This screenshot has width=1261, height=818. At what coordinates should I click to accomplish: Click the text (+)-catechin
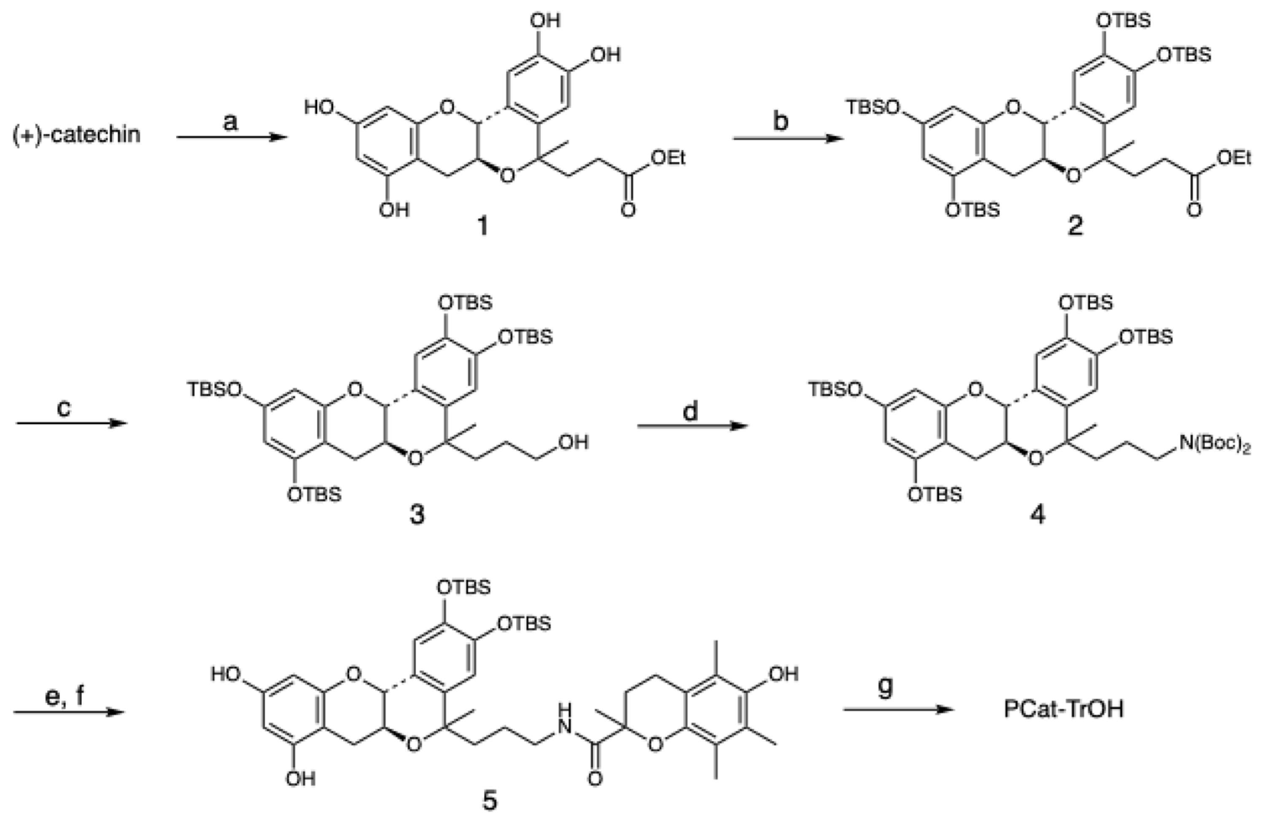[x=77, y=135]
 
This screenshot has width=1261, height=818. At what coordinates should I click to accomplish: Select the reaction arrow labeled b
[x=788, y=139]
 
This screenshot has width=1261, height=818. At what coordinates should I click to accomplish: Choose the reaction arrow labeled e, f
[x=68, y=712]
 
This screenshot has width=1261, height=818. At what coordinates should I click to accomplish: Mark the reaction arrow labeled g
[x=901, y=709]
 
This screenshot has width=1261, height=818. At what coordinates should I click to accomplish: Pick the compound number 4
[x=1037, y=514]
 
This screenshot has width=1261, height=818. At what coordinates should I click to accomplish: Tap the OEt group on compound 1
[x=668, y=157]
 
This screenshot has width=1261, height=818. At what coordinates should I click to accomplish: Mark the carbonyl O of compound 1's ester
[x=628, y=210]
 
